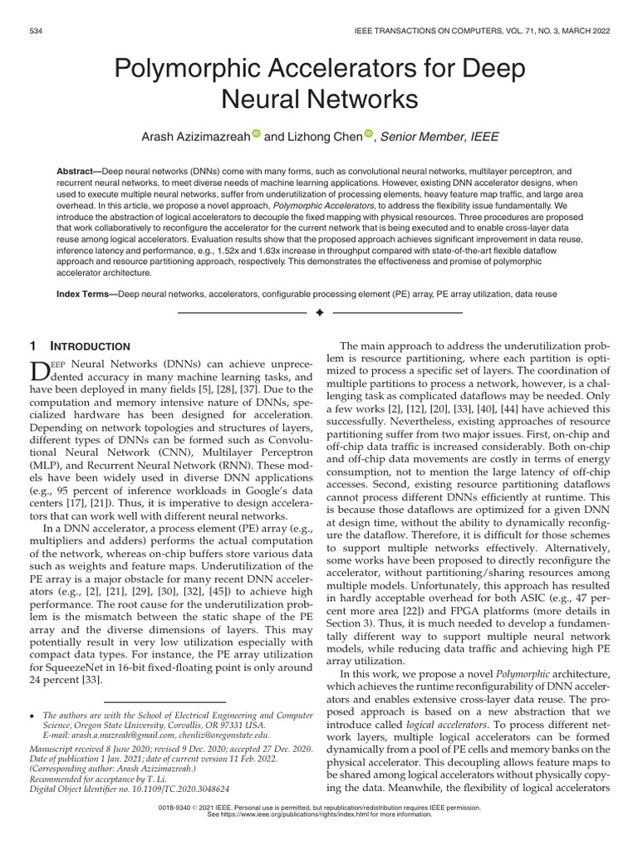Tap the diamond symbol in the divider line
[319, 313]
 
